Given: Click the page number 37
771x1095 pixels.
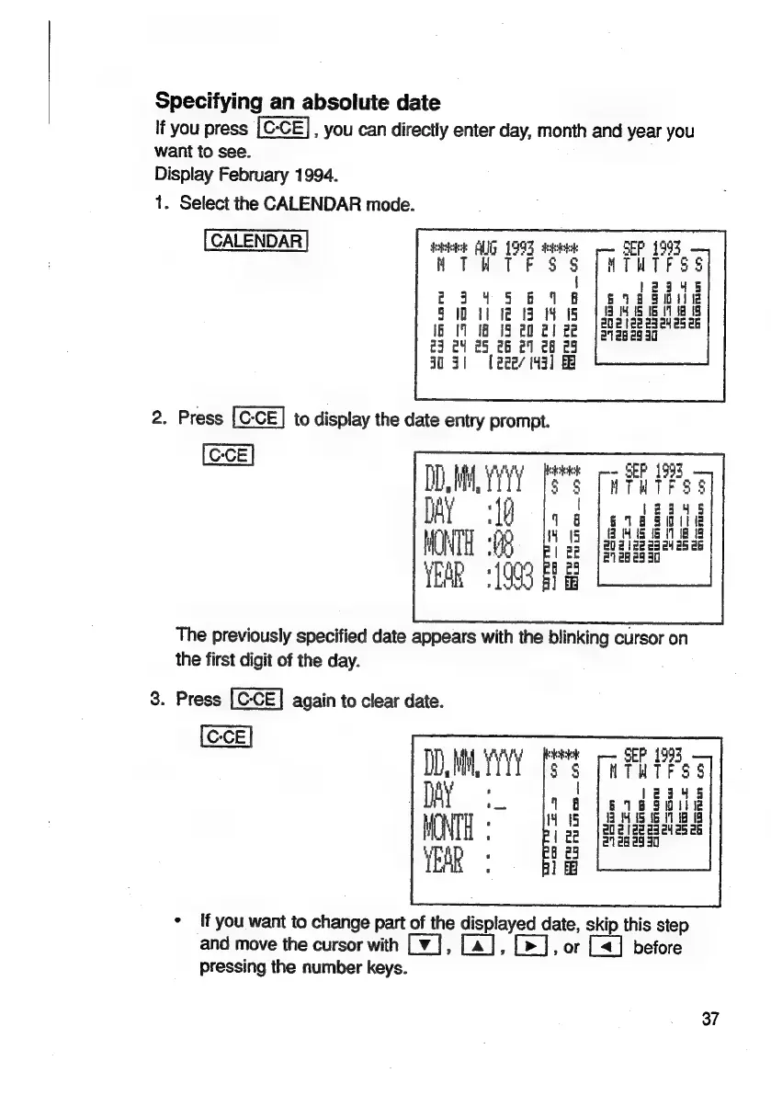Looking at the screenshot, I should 709,1019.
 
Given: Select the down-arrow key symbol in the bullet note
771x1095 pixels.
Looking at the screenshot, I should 407,946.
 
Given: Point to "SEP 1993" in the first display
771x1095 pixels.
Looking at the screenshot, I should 651,248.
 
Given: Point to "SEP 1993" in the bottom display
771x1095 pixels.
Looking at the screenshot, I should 651,741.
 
